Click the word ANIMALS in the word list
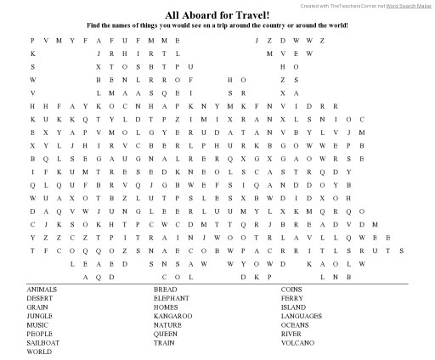tap(42, 290)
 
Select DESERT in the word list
tap(39, 298)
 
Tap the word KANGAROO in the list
tap(172, 316)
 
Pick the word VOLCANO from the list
tap(297, 343)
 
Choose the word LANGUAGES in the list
tap(302, 316)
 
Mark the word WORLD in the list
tap(39, 352)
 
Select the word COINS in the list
tap(291, 290)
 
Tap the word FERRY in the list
tap(292, 298)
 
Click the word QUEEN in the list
tap(166, 334)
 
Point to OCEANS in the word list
tap(295, 325)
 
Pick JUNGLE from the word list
tap(39, 316)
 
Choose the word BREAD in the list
tap(165, 290)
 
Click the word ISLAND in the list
tap(293, 307)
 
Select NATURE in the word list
tap(167, 325)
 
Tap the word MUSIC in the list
tap(37, 325)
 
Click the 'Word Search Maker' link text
tap(410, 5)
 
